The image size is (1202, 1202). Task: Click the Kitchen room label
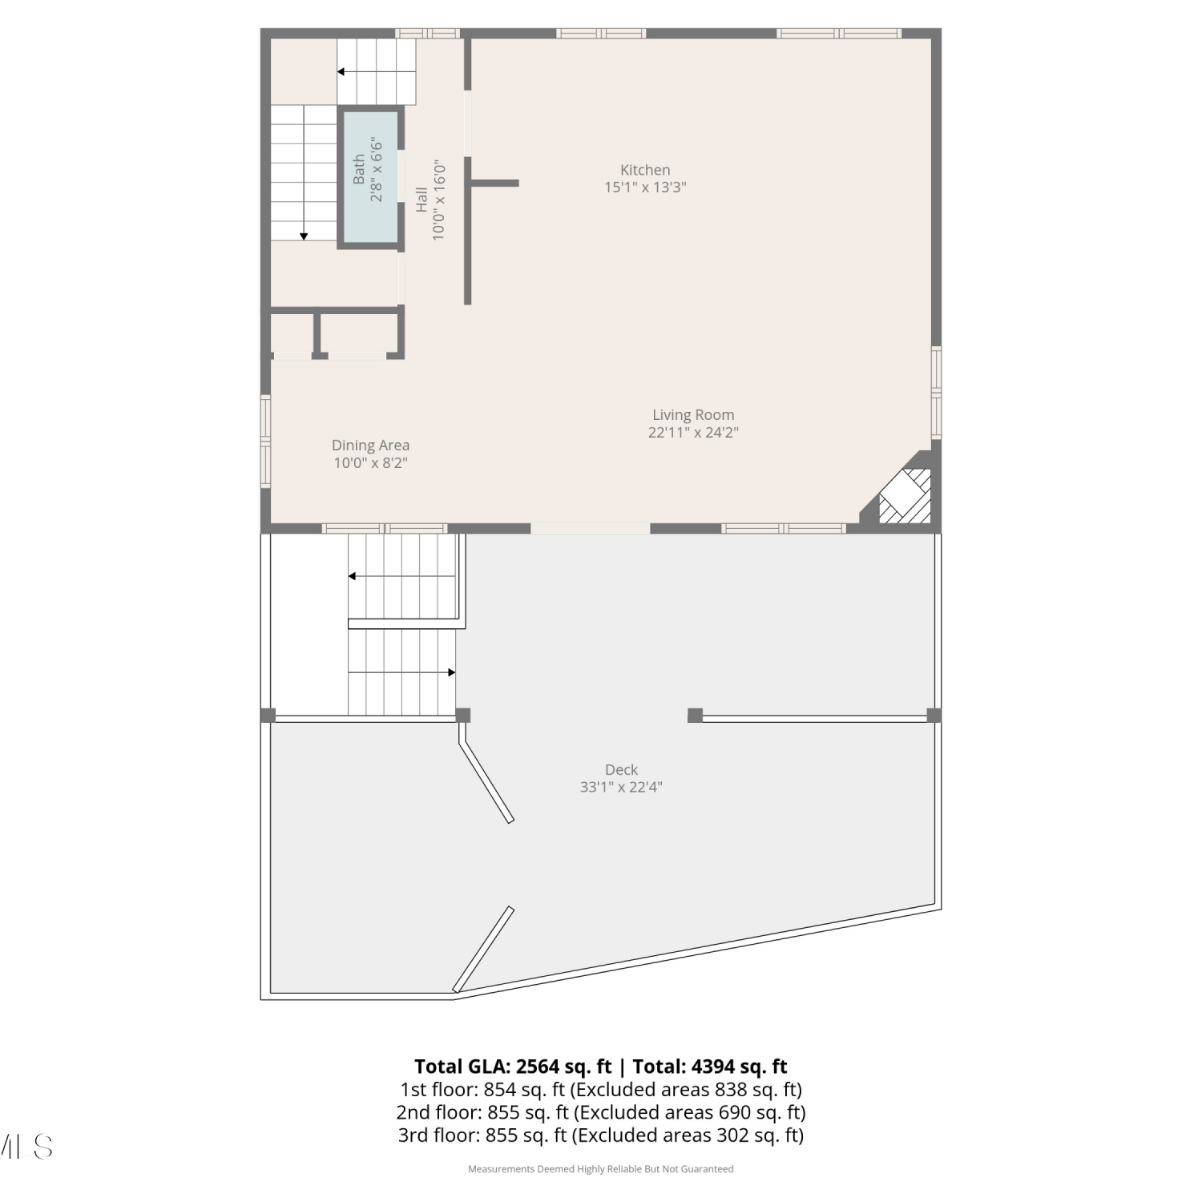tap(645, 170)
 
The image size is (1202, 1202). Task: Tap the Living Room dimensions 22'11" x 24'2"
tap(693, 433)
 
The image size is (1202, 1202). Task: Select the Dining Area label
tap(370, 446)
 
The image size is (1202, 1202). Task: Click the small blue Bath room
tap(371, 176)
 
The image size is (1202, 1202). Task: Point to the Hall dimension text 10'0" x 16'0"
tap(438, 200)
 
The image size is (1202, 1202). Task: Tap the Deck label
tap(621, 770)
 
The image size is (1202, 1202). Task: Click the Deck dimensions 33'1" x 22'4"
tap(621, 788)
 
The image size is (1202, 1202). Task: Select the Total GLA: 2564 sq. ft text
tap(513, 1067)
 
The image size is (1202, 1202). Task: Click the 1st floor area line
tap(601, 1090)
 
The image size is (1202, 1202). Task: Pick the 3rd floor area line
tap(601, 1135)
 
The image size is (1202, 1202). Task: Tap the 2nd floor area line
tap(601, 1112)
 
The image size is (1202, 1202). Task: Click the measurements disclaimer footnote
tap(601, 1169)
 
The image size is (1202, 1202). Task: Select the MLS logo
tap(26, 1147)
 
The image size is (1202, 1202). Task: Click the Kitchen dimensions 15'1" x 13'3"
tap(645, 188)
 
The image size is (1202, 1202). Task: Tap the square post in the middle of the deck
tap(695, 715)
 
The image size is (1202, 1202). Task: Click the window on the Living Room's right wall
tap(936, 393)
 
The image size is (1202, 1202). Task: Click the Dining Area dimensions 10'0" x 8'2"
tap(371, 463)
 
